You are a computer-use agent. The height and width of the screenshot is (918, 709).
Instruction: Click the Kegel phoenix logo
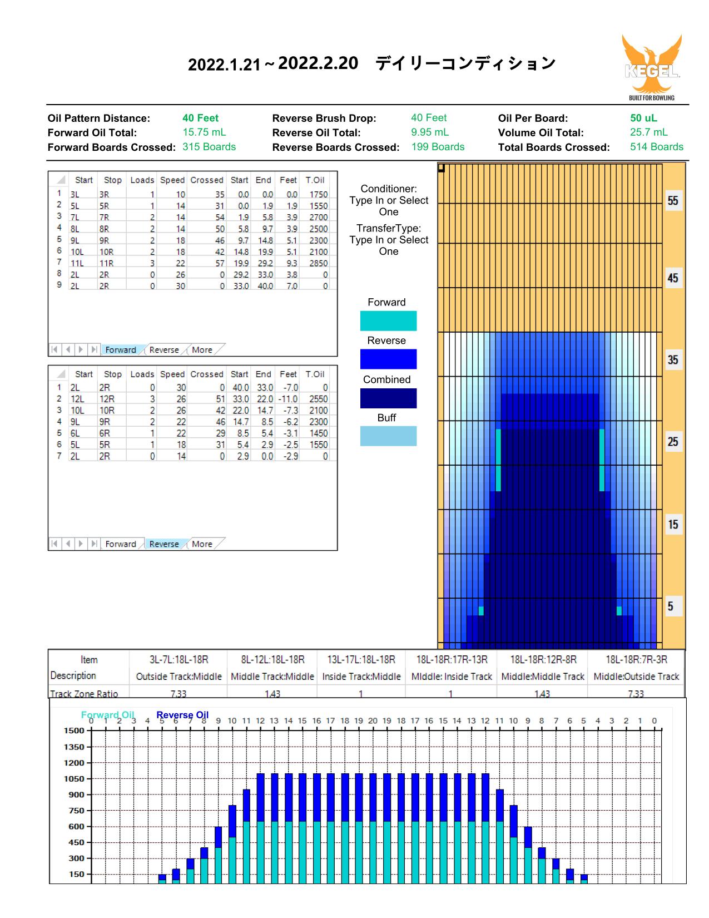(652, 67)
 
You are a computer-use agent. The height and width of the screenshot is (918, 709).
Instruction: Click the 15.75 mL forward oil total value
(204, 132)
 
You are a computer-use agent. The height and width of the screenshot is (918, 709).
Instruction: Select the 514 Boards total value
(656, 146)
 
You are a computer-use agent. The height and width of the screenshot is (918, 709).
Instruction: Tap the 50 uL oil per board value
(643, 118)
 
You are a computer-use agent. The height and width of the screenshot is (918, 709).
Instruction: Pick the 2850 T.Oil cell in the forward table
(318, 263)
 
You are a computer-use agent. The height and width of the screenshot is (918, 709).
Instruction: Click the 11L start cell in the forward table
(77, 263)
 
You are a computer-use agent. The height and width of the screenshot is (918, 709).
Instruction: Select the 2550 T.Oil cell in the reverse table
(318, 399)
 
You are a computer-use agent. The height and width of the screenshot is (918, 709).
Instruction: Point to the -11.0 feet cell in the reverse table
(287, 399)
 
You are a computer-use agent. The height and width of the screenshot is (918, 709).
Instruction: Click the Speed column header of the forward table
(172, 180)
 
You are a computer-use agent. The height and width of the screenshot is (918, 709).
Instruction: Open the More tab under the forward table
(202, 350)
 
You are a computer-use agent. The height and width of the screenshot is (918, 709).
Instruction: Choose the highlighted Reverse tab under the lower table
(164, 544)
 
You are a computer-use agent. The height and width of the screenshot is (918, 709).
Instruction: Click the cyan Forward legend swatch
(388, 320)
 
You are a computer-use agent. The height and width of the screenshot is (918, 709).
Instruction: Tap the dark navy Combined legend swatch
(388, 398)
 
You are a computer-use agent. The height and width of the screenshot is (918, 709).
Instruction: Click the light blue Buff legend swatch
(388, 436)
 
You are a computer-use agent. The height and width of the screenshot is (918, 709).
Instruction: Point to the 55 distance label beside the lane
(672, 200)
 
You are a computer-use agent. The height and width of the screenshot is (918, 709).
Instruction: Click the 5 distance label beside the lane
(670, 606)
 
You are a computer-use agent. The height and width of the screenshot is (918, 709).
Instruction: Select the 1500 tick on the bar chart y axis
(74, 731)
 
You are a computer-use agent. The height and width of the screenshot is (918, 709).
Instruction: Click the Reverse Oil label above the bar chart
(182, 715)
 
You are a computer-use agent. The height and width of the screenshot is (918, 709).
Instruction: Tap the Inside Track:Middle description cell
(361, 677)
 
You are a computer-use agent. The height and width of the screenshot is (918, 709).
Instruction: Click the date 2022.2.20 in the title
(318, 63)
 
